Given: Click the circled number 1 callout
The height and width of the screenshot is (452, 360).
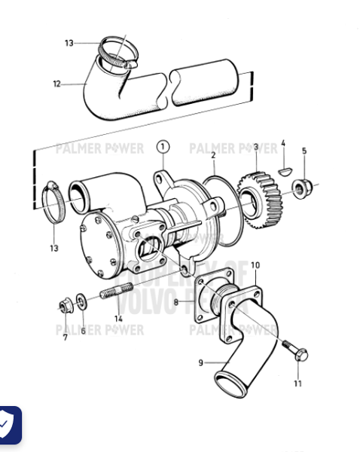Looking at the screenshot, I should [x=163, y=145].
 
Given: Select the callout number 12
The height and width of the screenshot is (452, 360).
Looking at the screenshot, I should [x=56, y=84].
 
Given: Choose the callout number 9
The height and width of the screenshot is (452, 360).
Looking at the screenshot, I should [x=201, y=363].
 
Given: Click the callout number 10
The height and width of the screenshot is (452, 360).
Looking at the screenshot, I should [x=255, y=265].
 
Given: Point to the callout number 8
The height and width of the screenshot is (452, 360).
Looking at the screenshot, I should [x=175, y=303].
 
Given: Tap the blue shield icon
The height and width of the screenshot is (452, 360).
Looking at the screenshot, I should [x=7, y=426].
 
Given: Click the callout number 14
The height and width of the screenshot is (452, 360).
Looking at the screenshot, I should [x=117, y=319].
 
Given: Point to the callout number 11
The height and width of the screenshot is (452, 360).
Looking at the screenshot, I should [x=297, y=383].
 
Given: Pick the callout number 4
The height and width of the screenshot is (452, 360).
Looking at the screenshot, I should [x=283, y=142].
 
